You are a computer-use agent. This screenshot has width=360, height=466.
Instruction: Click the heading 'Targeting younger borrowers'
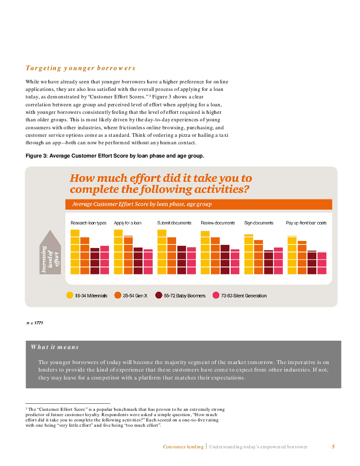[x=80, y=68]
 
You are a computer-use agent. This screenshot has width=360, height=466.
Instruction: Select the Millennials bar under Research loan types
[x=75, y=252]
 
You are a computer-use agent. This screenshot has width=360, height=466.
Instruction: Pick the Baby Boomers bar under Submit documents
[x=181, y=260]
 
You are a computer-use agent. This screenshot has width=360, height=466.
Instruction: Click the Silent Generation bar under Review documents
[x=235, y=262]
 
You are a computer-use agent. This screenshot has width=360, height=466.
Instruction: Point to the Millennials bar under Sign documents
[x=248, y=254]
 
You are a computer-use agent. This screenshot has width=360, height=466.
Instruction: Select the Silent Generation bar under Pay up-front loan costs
[x=322, y=263]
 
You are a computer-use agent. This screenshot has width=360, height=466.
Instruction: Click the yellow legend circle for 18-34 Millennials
[x=69, y=296]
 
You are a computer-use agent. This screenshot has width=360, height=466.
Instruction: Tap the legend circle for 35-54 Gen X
[x=118, y=296]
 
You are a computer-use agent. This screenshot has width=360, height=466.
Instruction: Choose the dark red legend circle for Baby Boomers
[x=159, y=296]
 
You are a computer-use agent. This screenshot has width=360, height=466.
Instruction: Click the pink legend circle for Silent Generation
[x=216, y=296]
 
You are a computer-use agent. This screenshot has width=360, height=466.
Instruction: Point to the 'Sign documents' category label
[x=259, y=223]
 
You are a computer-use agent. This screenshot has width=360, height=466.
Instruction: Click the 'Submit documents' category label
[x=174, y=223]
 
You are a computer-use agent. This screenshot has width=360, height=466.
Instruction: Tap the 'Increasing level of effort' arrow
[x=50, y=254]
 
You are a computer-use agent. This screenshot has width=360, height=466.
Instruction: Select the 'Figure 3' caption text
[x=115, y=156]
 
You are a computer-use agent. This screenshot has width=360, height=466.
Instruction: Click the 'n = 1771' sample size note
[x=34, y=323]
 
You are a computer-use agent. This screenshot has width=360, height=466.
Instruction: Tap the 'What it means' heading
[x=55, y=347]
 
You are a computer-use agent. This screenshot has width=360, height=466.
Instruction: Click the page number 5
[x=333, y=447]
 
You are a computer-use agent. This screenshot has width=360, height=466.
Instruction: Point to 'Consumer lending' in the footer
[x=183, y=447]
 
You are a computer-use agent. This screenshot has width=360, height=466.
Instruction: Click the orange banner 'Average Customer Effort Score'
[x=199, y=204]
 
